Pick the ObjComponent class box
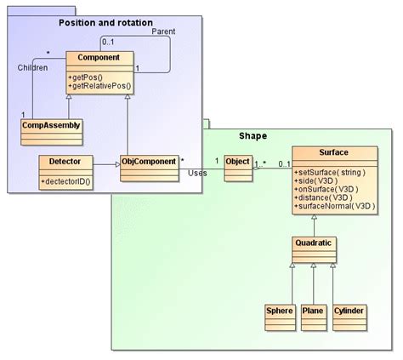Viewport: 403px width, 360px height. coord(148,161)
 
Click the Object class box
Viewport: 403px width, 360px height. coord(238,161)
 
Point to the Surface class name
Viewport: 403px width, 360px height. coord(332,154)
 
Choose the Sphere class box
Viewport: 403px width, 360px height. coord(279,311)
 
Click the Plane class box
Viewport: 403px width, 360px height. coord(314,311)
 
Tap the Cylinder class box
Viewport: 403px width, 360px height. coord(349,311)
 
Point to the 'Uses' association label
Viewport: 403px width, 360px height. coord(197,173)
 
